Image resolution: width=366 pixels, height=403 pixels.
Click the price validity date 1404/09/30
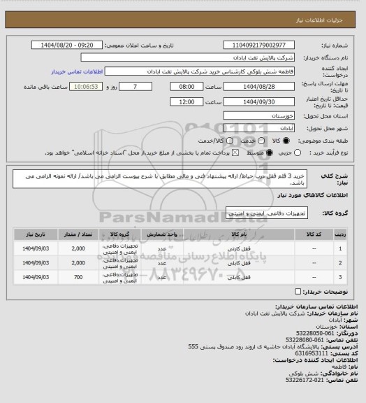click(259, 102)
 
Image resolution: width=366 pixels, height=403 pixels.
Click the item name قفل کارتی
click(234, 248)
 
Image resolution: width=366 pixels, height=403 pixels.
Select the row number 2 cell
click(340, 263)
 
